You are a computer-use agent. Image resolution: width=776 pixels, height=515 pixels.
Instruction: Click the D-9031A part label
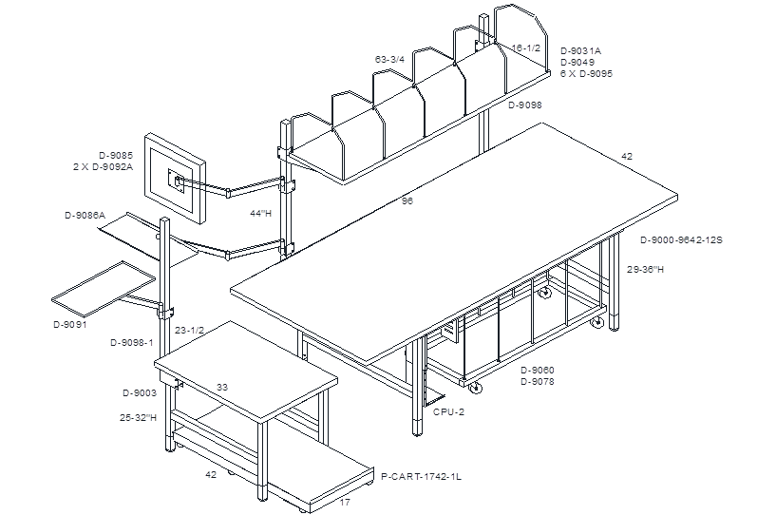(580, 50)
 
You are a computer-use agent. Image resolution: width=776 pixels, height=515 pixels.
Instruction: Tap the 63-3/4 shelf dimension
(389, 60)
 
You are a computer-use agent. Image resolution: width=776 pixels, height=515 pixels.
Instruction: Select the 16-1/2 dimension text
(525, 48)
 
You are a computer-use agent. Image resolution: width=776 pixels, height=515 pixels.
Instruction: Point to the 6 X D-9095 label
(586, 73)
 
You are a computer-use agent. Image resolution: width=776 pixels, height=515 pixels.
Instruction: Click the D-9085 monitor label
(116, 156)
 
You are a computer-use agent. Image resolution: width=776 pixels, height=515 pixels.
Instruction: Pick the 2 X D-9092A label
(103, 167)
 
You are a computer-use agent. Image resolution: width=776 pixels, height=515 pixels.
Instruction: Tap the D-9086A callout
(85, 216)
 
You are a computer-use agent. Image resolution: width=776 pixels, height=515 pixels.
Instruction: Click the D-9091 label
(69, 325)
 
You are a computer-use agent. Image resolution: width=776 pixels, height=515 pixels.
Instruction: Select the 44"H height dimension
(261, 214)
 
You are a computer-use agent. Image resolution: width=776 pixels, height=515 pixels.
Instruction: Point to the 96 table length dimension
(407, 201)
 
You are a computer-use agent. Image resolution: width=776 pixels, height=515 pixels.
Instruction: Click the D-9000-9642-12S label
(681, 240)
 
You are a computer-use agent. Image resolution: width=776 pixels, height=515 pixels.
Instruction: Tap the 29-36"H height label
(645, 270)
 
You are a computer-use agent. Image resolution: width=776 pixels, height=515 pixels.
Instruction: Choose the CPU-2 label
(449, 412)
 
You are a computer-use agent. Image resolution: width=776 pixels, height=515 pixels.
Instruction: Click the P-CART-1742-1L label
(421, 477)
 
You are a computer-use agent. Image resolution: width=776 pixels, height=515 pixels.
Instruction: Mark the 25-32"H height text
(138, 417)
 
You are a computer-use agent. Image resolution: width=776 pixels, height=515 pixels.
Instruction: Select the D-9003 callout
(140, 393)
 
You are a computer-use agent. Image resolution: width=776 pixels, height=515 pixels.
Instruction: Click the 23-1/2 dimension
(190, 330)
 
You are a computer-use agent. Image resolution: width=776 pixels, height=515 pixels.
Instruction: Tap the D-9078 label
(538, 381)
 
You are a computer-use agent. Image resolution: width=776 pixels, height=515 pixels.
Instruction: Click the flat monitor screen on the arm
(175, 179)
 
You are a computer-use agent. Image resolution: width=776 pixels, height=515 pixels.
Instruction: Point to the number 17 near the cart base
(345, 502)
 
